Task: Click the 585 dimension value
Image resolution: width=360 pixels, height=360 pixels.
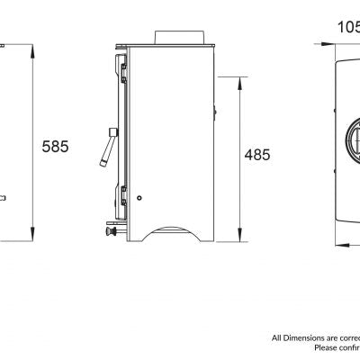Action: click(x=54, y=147)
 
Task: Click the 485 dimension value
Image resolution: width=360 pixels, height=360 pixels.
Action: click(x=257, y=156)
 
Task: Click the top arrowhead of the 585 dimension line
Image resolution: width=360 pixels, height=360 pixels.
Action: click(x=34, y=44)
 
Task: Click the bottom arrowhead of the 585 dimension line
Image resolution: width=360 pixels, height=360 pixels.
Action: click(x=34, y=241)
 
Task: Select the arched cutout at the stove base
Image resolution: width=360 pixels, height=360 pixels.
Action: click(x=172, y=232)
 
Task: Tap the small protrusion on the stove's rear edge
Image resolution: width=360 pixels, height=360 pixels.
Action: click(x=217, y=112)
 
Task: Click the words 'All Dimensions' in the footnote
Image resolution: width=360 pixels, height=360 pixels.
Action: click(x=294, y=337)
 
